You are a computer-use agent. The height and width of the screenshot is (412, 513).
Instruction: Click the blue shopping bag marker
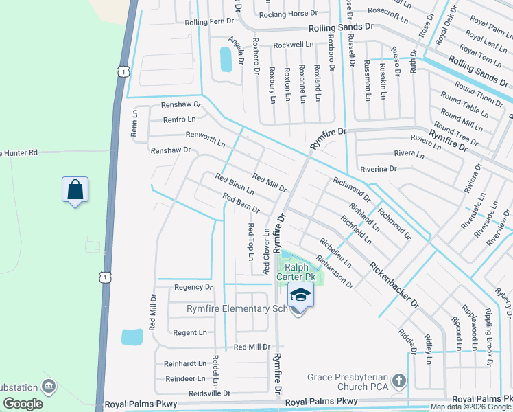pyautogui.click(x=75, y=190)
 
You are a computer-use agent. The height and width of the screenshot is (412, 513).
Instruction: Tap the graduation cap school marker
pyautogui.click(x=300, y=295)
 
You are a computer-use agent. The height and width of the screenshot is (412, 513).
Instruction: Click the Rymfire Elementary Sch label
pyautogui.click(x=237, y=308)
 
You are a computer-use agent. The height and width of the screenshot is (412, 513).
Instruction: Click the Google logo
pyautogui.click(x=23, y=404)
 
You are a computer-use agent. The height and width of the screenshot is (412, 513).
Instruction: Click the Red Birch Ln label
pyautogui.click(x=235, y=183)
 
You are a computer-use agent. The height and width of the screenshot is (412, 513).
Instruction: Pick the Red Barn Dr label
pyautogui.click(x=241, y=203)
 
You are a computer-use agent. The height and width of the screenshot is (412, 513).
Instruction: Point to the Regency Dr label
pyautogui.click(x=193, y=287)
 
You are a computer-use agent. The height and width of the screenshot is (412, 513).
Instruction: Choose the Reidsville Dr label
pyautogui.click(x=202, y=393)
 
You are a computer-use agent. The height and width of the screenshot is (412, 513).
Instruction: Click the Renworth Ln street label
pyautogui.click(x=206, y=139)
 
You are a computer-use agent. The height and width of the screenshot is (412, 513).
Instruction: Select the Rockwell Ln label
pyautogui.click(x=293, y=45)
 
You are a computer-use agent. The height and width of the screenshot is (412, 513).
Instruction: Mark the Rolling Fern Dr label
pyautogui.click(x=210, y=22)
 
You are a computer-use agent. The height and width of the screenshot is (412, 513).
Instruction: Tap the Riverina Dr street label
pyautogui.click(x=378, y=168)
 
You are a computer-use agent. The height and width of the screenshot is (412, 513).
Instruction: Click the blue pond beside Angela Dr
pyautogui.click(x=226, y=60)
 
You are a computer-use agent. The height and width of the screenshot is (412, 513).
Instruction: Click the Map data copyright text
pyautogui.click(x=470, y=407)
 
